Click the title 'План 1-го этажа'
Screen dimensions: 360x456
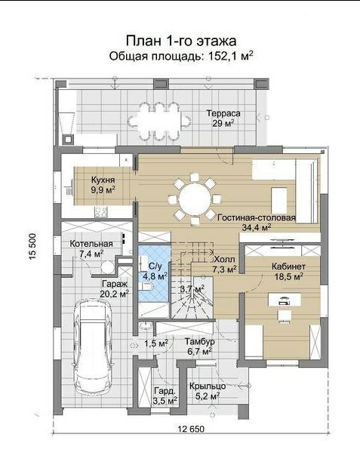coord(181,41)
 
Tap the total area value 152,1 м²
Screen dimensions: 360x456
coord(230,56)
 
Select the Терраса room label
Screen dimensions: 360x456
coord(223,113)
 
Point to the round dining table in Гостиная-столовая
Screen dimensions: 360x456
coord(194,200)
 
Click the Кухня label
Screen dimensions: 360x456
coord(103,180)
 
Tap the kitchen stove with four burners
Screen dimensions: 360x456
coord(100,211)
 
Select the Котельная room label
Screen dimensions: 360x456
coord(91,244)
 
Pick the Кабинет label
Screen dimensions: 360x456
coord(288,267)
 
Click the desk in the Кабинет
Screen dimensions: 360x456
coord(284,300)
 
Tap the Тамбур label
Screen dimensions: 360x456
coord(200,341)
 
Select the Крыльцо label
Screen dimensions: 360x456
coord(208,387)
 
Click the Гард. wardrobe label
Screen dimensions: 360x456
coord(165,390)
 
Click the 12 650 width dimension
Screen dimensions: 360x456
coord(191,429)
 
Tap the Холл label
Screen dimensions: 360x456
coord(224,259)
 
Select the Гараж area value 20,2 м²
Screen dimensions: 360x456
coord(114,294)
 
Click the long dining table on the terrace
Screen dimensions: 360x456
coord(159,121)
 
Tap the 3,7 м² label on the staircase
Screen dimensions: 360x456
coord(192,289)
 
